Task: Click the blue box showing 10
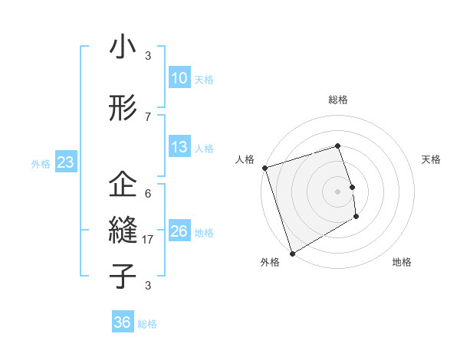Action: (x=179, y=78)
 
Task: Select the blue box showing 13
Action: (x=179, y=147)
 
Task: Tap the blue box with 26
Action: (x=179, y=231)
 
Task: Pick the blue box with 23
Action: (x=65, y=162)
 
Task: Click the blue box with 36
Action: (x=122, y=322)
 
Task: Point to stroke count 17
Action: (x=148, y=239)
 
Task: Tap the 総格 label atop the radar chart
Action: (x=337, y=100)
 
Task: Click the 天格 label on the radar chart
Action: (x=431, y=159)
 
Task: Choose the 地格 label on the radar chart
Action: (x=402, y=262)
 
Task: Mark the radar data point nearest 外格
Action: (x=291, y=253)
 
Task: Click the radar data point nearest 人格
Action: (x=264, y=168)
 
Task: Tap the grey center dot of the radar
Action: (x=337, y=191)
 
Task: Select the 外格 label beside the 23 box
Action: (x=41, y=163)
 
